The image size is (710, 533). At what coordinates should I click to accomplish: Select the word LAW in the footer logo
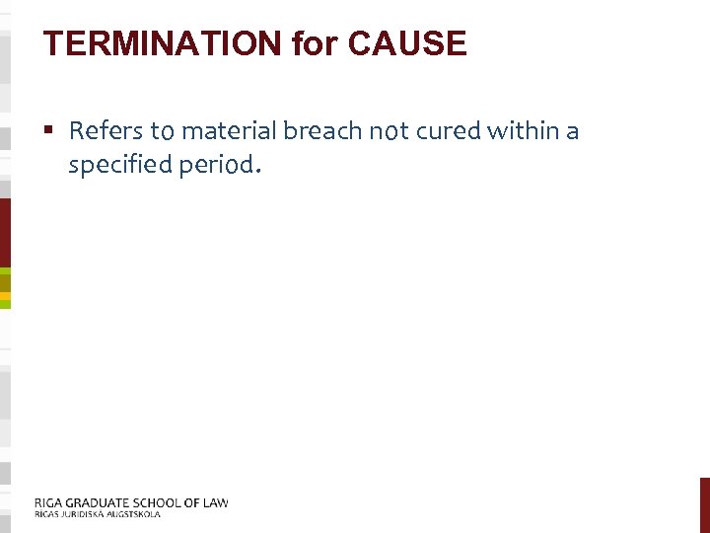pos(214,502)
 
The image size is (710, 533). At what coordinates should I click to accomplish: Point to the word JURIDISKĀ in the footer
pos(81,514)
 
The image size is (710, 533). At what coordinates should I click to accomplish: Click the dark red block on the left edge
pos(5,232)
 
